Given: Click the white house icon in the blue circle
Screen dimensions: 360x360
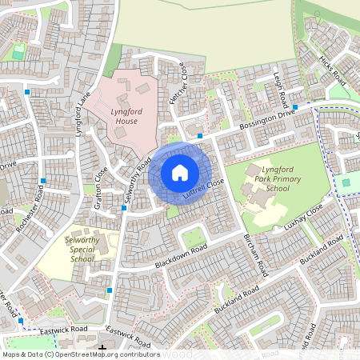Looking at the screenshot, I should [x=180, y=172].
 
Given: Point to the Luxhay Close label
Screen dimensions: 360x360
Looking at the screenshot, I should [x=302, y=218].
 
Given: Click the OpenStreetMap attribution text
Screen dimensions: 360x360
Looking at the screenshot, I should [x=80, y=354].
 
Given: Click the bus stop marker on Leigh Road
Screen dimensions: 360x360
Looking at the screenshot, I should [x=294, y=106].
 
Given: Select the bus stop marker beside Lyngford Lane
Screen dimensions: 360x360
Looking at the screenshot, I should [x=29, y=92].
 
